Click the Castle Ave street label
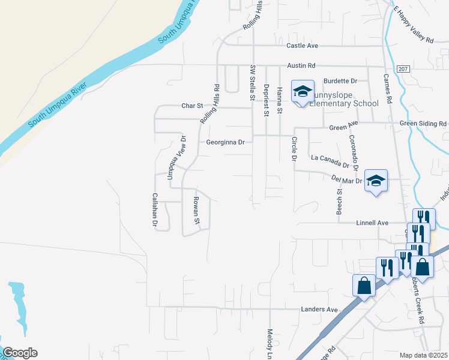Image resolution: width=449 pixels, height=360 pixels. [x=302, y=46]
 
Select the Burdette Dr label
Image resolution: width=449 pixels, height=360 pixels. [x=340, y=80]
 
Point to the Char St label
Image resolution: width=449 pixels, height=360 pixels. [x=193, y=106]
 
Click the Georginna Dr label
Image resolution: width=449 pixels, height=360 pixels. [x=226, y=143]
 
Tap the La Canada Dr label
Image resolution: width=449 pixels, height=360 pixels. [x=330, y=161]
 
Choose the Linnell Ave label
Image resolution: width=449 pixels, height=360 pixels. [x=373, y=223]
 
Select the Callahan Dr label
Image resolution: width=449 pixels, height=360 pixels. [x=155, y=210]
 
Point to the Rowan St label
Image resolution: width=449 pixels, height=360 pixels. [x=196, y=210]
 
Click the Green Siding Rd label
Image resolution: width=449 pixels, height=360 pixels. [x=424, y=124]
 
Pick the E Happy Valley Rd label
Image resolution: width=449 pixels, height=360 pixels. [x=414, y=25]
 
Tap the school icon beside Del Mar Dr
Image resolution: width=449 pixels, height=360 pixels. [x=376, y=181]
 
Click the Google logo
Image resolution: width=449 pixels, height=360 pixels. [x=20, y=353]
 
